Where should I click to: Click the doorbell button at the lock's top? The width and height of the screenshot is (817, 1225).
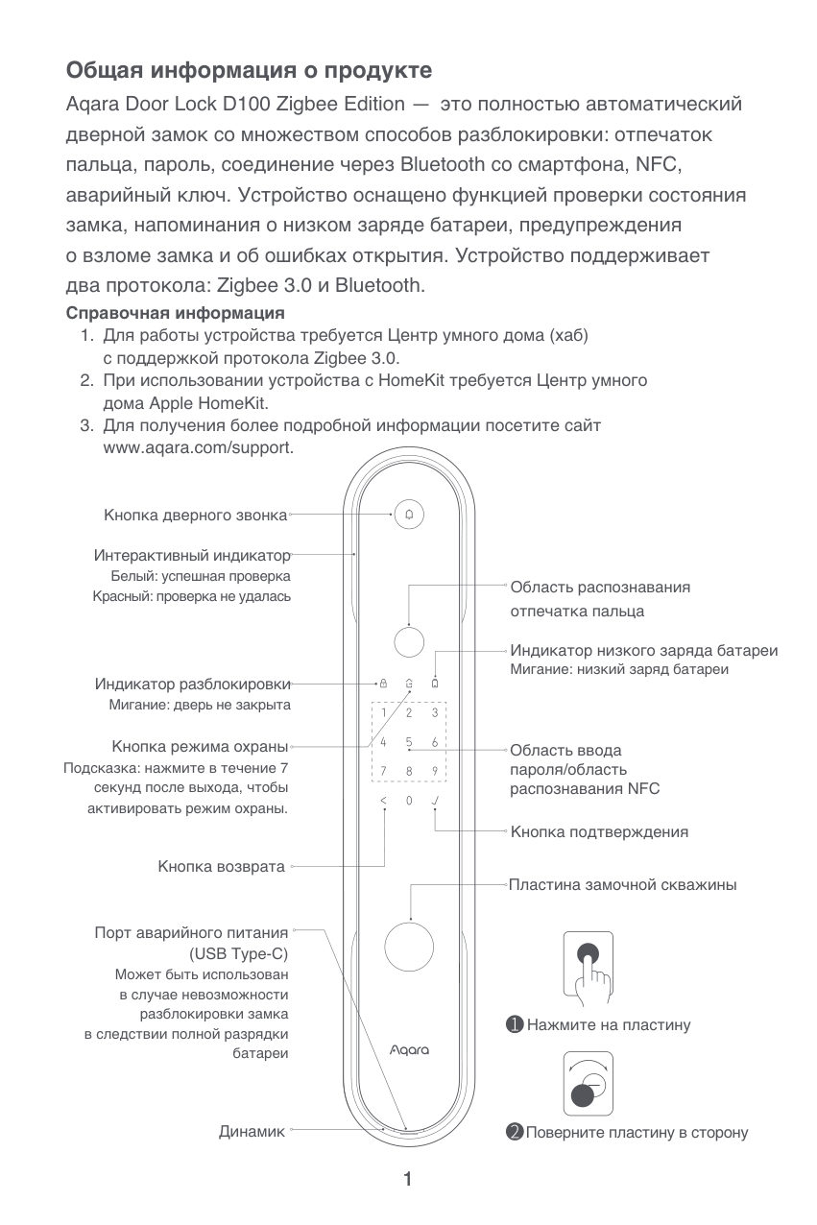409,515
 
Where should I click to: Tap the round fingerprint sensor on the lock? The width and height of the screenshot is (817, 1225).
409,640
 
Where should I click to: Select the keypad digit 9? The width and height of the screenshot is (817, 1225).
435,770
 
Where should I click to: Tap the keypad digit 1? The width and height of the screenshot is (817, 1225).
383,712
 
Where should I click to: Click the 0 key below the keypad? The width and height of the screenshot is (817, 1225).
409,800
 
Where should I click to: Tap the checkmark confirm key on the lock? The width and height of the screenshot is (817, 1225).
435,800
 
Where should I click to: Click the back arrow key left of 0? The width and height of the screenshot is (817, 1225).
383,800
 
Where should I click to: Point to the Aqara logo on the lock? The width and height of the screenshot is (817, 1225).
409,1050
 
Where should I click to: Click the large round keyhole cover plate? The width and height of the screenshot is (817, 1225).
410,946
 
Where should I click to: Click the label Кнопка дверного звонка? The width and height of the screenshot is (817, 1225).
196,516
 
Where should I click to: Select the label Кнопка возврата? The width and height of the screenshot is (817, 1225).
222,867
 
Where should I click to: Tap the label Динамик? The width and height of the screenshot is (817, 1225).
252,1132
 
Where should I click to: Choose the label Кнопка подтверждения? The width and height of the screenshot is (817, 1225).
599,831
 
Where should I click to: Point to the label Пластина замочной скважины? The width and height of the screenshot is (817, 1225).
623,884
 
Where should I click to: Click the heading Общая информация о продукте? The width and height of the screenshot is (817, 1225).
249,71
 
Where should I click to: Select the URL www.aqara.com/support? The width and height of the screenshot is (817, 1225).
198,447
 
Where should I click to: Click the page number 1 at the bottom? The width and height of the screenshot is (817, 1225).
408,1179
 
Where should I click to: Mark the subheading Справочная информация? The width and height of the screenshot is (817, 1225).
175,313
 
